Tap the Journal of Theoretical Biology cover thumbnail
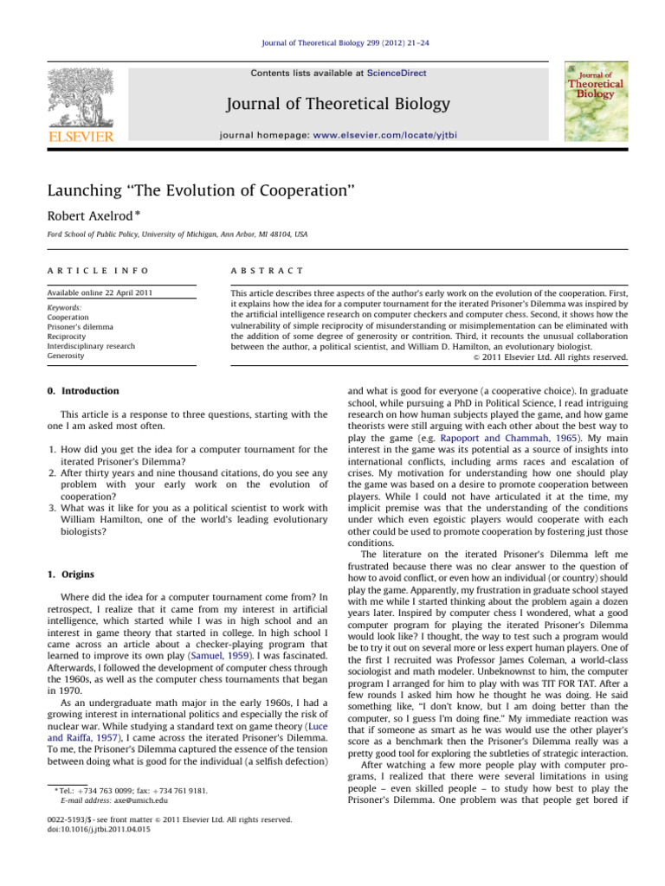(x=596, y=100)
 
